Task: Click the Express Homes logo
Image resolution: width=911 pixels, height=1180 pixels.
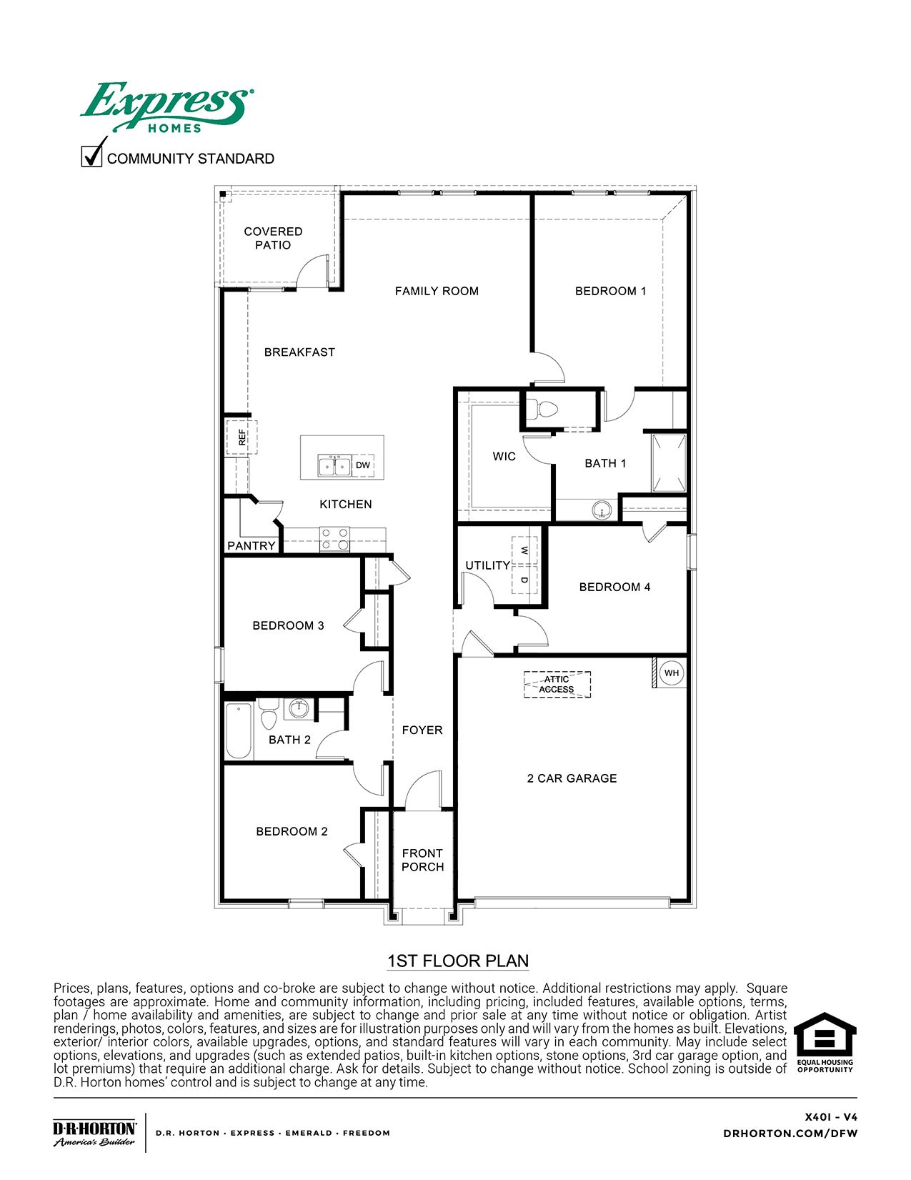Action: click(166, 107)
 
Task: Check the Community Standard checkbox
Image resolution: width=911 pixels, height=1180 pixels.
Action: click(91, 157)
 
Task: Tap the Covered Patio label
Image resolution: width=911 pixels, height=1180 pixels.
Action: click(273, 238)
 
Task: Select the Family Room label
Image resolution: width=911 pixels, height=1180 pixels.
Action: click(437, 291)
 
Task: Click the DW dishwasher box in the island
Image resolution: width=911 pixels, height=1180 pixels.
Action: click(363, 465)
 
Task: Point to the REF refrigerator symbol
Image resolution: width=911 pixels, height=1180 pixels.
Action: click(242, 437)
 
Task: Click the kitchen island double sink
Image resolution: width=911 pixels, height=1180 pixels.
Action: click(334, 465)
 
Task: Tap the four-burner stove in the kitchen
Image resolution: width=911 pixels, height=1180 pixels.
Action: click(334, 539)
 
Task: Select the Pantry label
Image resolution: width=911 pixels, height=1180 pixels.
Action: click(252, 546)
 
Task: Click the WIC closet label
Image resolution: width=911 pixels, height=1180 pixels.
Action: click(504, 457)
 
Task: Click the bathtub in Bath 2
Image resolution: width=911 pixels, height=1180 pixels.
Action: click(239, 730)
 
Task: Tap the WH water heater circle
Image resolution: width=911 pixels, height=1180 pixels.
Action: click(671, 673)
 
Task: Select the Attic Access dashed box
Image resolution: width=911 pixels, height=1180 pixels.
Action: click(557, 684)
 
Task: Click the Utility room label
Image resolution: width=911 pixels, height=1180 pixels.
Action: click(487, 565)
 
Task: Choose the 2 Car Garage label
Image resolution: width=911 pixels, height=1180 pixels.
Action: click(572, 778)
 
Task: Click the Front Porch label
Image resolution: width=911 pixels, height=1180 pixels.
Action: click(422, 860)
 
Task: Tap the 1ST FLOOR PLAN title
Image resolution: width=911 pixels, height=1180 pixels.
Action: click(458, 961)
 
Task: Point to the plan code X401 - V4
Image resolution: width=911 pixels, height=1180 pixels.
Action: click(831, 1117)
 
